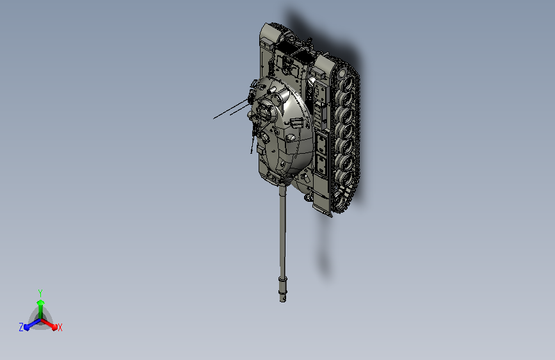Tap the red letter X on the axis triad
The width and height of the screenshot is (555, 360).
(x=60, y=327)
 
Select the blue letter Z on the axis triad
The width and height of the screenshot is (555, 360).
(x=21, y=327)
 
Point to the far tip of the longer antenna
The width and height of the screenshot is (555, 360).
(x=214, y=119)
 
